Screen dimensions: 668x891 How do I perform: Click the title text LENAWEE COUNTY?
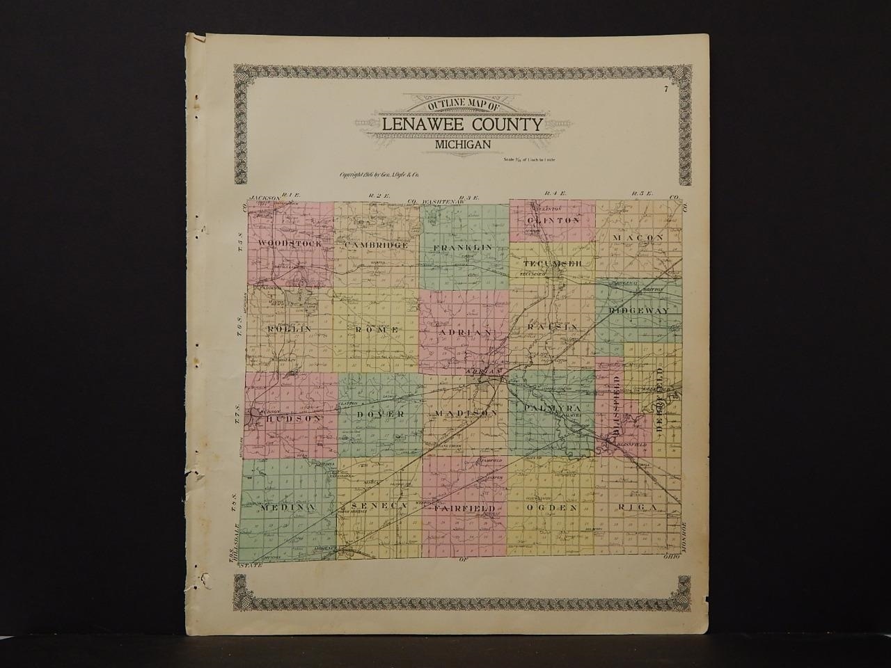[x=462, y=125]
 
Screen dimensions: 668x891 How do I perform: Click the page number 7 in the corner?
[x=665, y=88]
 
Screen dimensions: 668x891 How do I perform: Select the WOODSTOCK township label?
[x=289, y=244]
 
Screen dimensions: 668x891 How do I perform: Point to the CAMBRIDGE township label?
[x=375, y=246]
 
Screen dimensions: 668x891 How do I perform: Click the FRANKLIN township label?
[x=462, y=248]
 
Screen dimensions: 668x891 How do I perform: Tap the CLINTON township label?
[x=553, y=220]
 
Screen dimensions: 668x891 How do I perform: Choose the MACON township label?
[x=638, y=238]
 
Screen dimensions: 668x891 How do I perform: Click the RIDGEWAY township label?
[x=638, y=310]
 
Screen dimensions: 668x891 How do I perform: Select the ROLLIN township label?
[x=287, y=327]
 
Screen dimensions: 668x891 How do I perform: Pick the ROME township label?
[x=377, y=328]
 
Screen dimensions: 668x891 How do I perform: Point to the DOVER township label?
[x=380, y=414]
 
